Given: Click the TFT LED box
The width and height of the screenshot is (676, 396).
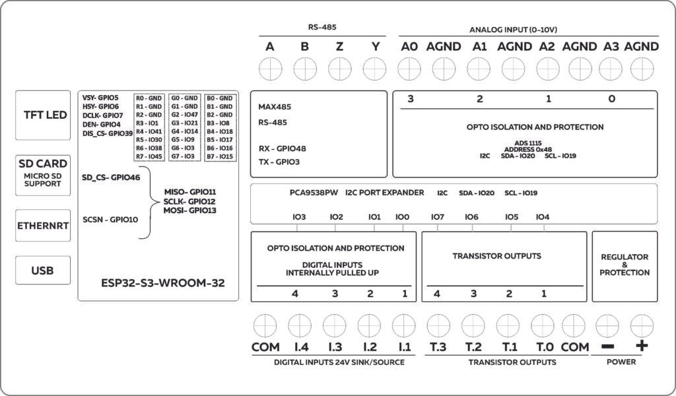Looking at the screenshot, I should [x=42, y=115].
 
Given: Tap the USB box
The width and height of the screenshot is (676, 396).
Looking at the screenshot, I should [x=42, y=271].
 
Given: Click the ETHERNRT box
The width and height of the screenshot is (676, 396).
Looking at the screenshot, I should [x=42, y=225].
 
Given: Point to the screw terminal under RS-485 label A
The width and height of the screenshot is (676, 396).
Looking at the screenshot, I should [x=270, y=67].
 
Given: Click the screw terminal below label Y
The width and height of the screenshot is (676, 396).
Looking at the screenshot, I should [x=375, y=67].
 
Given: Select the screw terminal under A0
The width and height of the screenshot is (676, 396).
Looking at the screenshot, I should [x=409, y=67].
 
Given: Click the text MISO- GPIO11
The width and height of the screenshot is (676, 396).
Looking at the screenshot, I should [x=190, y=191].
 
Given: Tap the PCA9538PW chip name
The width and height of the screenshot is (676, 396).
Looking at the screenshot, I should [x=314, y=193].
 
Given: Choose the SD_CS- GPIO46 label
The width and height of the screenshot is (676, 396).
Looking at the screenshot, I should [x=111, y=178].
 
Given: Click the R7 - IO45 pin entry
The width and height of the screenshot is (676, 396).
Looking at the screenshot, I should [x=149, y=157].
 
